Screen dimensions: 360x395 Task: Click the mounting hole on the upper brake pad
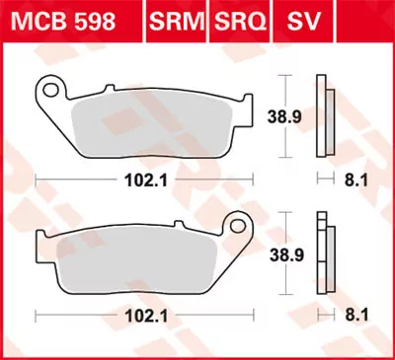pyautogui.click(x=47, y=91)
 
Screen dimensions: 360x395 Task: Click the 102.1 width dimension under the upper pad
pyautogui.click(x=140, y=180)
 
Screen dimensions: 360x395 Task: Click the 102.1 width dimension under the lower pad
pyautogui.click(x=140, y=317)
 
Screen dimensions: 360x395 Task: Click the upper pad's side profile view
pyautogui.click(x=322, y=116)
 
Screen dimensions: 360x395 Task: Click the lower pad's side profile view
pyautogui.click(x=322, y=252)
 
